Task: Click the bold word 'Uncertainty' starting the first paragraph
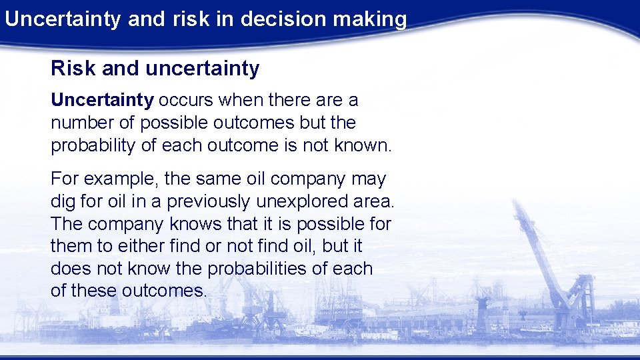pos(102,100)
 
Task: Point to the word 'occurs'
pos(183,100)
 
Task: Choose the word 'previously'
pos(204,201)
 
